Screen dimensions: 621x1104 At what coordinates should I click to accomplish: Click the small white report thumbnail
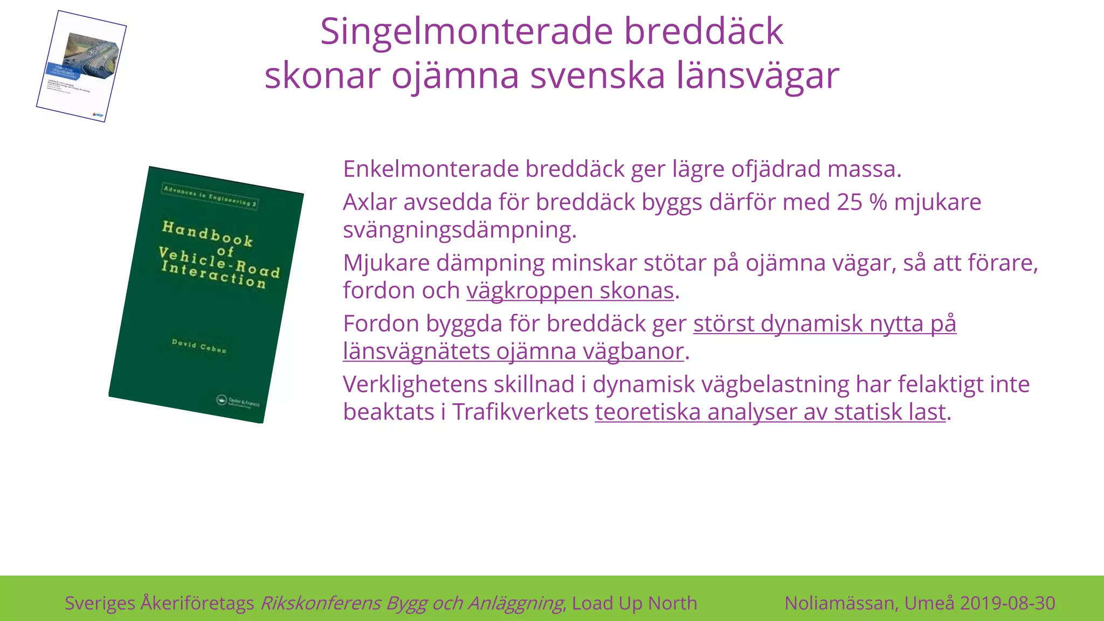pos(81,66)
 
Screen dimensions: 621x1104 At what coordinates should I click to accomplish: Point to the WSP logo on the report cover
pos(98,114)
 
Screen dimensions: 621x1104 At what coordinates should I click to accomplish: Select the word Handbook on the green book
pos(208,233)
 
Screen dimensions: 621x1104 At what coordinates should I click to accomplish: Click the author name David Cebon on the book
pos(199,346)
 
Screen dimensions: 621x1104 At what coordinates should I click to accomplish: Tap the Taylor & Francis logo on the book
pos(238,402)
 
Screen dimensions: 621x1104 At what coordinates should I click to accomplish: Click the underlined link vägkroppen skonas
pos(570,291)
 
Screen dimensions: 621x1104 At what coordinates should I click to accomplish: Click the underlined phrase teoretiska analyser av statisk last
pos(770,412)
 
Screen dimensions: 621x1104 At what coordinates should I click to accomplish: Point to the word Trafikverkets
pos(520,412)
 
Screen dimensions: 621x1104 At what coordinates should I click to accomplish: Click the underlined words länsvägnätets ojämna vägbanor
pos(513,351)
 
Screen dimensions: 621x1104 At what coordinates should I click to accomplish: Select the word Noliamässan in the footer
pos(840,603)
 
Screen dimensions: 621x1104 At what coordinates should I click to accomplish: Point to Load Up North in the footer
pos(634,603)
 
